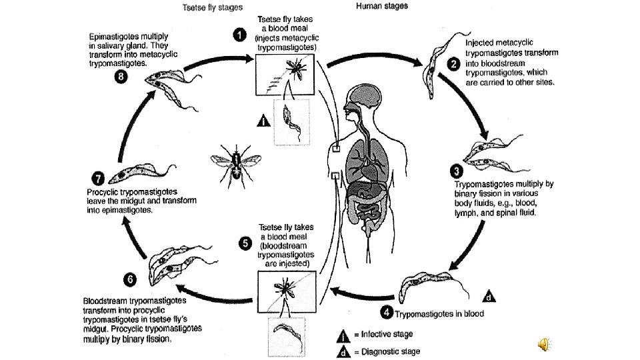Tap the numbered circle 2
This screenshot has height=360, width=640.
click(x=453, y=64)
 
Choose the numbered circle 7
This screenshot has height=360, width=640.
click(x=97, y=179)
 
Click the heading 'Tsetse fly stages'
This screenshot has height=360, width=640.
click(x=212, y=8)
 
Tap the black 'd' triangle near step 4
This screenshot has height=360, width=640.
click(x=489, y=296)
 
